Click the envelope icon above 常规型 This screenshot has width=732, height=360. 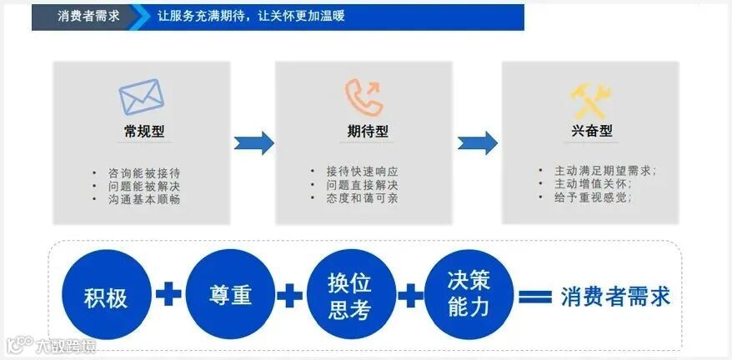click(x=141, y=97)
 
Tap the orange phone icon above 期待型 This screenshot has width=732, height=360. click(x=364, y=97)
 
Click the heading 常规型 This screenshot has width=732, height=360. click(x=141, y=132)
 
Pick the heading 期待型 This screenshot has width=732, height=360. click(x=368, y=132)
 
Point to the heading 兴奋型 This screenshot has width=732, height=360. click(x=593, y=131)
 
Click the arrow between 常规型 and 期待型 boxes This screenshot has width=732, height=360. click(x=253, y=142)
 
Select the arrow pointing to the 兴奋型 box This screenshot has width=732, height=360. click(x=478, y=142)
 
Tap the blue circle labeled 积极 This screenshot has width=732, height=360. click(x=106, y=295)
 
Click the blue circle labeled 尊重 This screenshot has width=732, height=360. click(x=230, y=295)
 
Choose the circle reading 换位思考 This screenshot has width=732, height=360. click(x=349, y=295)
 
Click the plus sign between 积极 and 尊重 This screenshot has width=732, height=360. click(x=168, y=294)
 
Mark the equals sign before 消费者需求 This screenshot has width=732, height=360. click(x=535, y=297)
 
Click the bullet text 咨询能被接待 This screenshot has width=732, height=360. click(x=144, y=172)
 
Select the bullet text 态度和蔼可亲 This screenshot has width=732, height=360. click(x=362, y=198)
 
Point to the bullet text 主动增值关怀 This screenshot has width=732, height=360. click(x=593, y=184)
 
